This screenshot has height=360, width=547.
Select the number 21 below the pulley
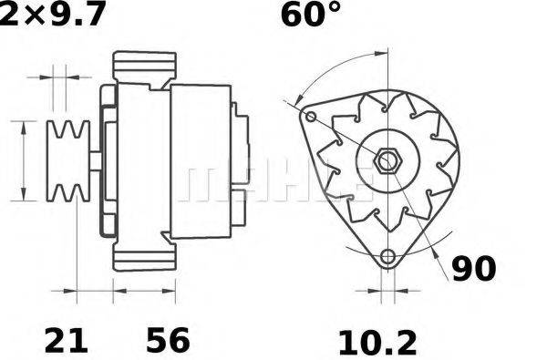[67, 341]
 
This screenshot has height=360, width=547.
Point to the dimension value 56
[168, 341]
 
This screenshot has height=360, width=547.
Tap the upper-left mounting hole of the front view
[311, 118]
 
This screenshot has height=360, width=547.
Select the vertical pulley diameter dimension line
[23, 161]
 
